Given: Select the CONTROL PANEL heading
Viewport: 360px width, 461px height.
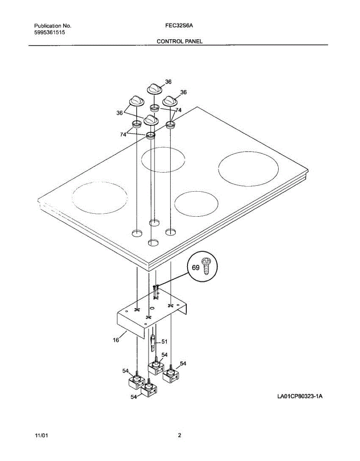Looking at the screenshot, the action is [180, 41].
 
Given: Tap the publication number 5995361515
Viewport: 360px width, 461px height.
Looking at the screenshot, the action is [50, 33].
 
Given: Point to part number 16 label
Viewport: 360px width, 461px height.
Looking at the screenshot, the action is [116, 340].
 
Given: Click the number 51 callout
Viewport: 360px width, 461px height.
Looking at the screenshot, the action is [164, 342].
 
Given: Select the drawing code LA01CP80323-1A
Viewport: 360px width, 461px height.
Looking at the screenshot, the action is [299, 396].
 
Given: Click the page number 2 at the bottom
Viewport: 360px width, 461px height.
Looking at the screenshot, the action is [179, 436].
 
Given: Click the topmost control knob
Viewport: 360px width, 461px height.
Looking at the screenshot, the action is [154, 88].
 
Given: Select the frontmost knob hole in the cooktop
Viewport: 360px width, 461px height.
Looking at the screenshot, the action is [153, 242].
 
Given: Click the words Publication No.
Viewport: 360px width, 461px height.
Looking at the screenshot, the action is [53, 26].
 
